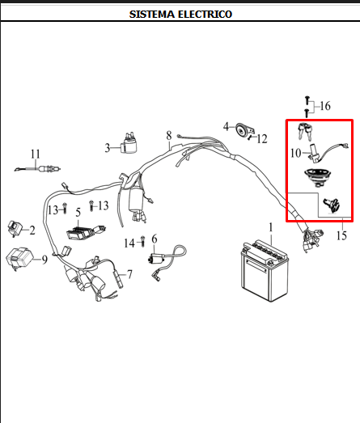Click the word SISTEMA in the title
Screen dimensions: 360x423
(152, 15)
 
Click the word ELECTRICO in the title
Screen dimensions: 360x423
(205, 15)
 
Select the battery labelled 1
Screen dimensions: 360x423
(265, 271)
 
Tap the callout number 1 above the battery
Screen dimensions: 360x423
(271, 228)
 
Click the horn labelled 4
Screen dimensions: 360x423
(244, 130)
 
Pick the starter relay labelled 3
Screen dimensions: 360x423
(129, 143)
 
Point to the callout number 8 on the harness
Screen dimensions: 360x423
(169, 135)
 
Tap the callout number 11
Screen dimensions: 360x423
(36, 154)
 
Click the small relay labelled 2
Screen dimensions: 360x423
(15, 228)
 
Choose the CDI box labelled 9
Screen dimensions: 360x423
(19, 259)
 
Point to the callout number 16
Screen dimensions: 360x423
(325, 106)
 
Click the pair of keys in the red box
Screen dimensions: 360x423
(305, 131)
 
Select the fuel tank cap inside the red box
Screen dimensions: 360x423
(317, 176)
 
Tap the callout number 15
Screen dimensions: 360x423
(341, 235)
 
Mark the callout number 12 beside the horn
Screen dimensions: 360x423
(262, 139)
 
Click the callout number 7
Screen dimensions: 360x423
(129, 274)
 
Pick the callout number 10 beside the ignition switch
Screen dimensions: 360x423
(296, 153)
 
